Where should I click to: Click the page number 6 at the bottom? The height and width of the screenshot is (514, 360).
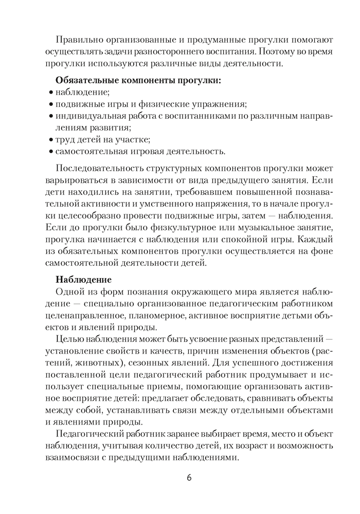click(x=189, y=478)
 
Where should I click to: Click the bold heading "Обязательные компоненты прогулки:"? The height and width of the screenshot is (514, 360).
click(x=138, y=81)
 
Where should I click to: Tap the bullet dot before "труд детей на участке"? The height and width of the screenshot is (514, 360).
click(x=51, y=140)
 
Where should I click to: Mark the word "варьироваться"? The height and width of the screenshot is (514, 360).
click(x=74, y=180)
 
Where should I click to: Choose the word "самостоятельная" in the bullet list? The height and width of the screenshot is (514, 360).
click(x=90, y=152)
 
